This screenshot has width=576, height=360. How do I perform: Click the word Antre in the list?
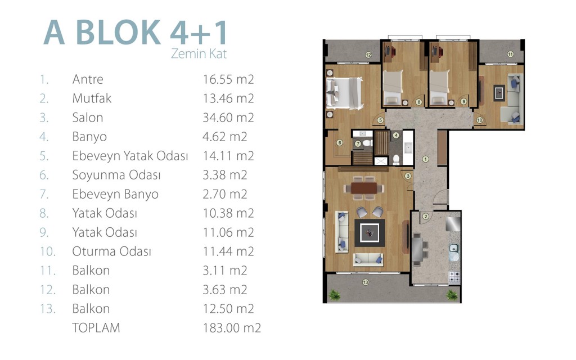pyautogui.click(x=88, y=79)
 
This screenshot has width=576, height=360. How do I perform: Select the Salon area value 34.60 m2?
pyautogui.click(x=228, y=118)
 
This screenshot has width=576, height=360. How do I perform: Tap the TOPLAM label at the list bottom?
pyautogui.click(x=96, y=328)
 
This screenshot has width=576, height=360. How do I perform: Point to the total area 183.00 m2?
pyautogui.click(x=232, y=328)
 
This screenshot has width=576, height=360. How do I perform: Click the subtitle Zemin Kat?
pyautogui.click(x=199, y=53)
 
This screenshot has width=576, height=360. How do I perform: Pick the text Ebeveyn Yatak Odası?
pyautogui.click(x=130, y=156)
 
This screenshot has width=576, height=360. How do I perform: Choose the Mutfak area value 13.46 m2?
pyautogui.click(x=228, y=98)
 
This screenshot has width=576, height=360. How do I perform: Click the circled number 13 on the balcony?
pyautogui.click(x=365, y=282)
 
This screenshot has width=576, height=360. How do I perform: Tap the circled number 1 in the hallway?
pyautogui.click(x=425, y=159)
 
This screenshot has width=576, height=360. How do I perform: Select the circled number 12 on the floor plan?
pyautogui.click(x=368, y=55)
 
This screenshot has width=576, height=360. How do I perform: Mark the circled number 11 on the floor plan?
pyautogui.click(x=510, y=55)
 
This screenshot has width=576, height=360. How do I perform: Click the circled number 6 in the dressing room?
pyautogui.click(x=339, y=142)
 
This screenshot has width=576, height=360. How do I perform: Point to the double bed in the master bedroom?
pyautogui.click(x=345, y=93)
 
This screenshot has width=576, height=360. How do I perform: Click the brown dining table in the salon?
pyautogui.click(x=364, y=188)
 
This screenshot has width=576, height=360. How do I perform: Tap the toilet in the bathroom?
pyautogui.click(x=397, y=159)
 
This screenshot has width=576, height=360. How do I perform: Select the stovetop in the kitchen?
pyautogui.click(x=454, y=277)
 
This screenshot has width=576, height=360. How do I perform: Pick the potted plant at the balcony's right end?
pyautogui.click(x=452, y=295)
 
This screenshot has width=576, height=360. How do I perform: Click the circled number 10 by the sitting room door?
pyautogui.click(x=479, y=120)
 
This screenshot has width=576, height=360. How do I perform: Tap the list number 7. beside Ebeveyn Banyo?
pyautogui.click(x=44, y=194)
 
